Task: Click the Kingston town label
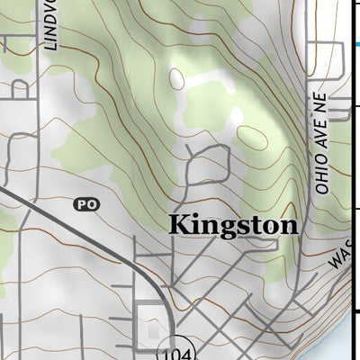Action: coord(233,225)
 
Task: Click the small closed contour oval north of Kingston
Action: coord(254,138)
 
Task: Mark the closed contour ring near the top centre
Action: coord(176,79)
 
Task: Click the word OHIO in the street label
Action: coord(323,176)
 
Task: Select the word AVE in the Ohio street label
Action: coord(323,143)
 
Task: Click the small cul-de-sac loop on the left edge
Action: coord(18,88)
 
